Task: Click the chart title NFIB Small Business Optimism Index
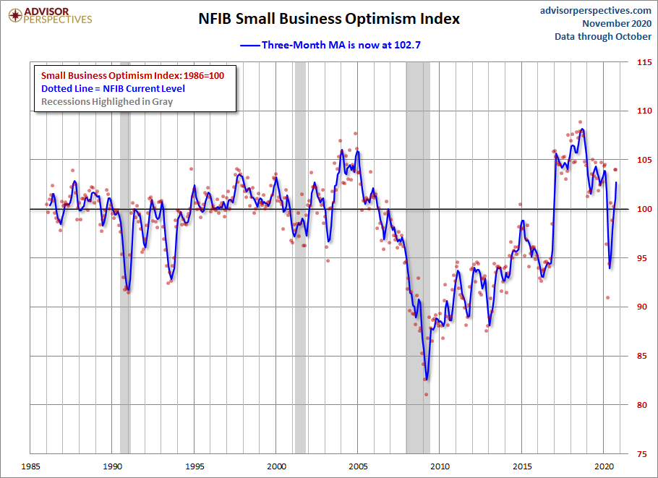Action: (x=329, y=19)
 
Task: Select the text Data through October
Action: (x=602, y=36)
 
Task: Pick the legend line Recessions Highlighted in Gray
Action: (x=107, y=101)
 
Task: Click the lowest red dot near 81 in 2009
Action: (x=426, y=394)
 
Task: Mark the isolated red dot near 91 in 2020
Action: (x=608, y=297)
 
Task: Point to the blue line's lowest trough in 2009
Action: (x=427, y=379)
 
